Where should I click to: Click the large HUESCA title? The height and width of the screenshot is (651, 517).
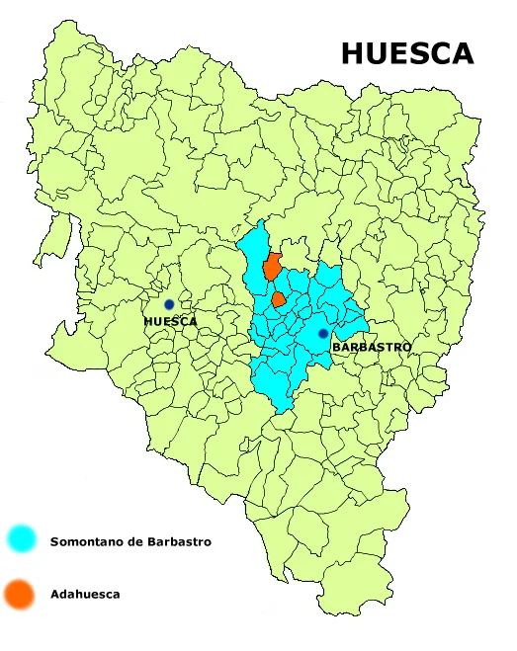coord(407,53)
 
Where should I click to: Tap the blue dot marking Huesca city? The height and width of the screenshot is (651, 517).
coord(169,304)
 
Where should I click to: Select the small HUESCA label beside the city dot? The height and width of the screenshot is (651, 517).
coord(170,322)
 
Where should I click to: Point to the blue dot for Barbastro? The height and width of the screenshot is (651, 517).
coord(322,334)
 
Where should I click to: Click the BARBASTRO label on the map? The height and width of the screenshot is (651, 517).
coord(371,348)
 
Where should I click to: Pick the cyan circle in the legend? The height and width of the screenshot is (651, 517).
coord(21,539)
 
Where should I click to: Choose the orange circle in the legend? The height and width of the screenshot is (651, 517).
coord(20,594)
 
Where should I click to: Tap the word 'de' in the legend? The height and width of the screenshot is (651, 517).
coord(139,541)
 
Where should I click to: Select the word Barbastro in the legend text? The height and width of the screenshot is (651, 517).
coord(181,541)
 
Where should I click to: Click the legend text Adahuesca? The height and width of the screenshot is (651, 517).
coord(85,595)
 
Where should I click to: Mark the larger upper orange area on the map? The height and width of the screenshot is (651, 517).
coord(271,267)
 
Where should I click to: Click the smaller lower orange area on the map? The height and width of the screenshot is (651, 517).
coord(279,297)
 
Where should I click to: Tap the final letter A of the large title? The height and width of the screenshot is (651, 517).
coord(462,53)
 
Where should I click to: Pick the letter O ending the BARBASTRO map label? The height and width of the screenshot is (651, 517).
coord(406,348)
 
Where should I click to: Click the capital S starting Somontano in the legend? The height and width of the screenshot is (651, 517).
coord(53,541)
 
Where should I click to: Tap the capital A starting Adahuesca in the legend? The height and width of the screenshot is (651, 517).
coord(53,595)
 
